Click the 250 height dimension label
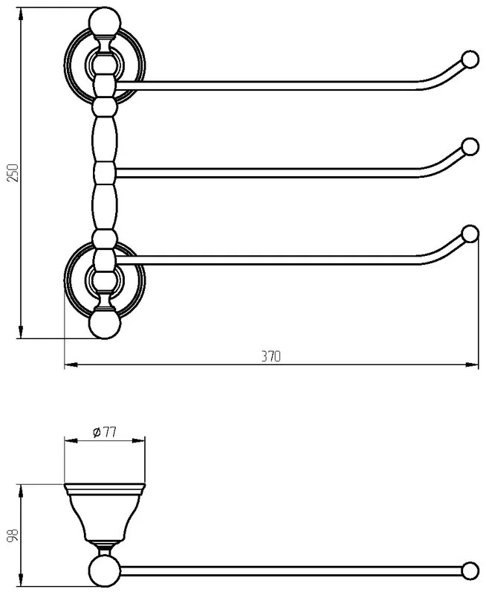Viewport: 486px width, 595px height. [x=13, y=173]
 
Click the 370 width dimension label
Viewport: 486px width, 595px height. [x=271, y=356]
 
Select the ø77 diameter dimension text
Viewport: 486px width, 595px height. [x=104, y=432]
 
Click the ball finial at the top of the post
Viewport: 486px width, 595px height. [x=105, y=22]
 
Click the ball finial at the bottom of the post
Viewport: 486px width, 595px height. [x=105, y=324]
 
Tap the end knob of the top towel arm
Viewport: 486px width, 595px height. [x=470, y=59]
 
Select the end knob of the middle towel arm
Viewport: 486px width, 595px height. [x=470, y=147]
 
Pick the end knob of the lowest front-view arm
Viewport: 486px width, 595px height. [x=470, y=234]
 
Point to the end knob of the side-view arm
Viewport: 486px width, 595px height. [x=470, y=570]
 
